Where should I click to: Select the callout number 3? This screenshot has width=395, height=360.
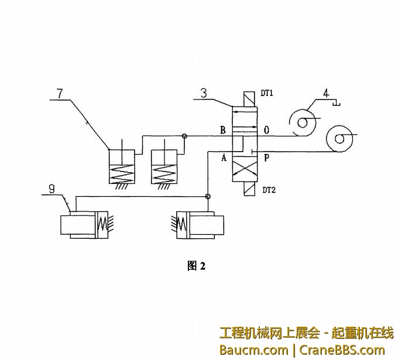click(x=202, y=93)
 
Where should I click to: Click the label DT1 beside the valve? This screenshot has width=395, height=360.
click(x=269, y=93)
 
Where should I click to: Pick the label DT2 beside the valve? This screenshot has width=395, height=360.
click(x=269, y=190)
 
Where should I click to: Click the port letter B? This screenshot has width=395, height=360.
click(x=222, y=130)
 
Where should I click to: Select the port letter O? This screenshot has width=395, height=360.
click(x=266, y=130)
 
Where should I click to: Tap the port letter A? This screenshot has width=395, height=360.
click(x=223, y=157)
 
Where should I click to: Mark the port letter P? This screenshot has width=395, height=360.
click(x=267, y=157)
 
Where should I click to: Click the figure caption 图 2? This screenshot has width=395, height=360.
click(x=196, y=266)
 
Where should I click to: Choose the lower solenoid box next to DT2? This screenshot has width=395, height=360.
click(x=249, y=189)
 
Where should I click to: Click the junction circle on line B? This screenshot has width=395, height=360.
click(x=184, y=136)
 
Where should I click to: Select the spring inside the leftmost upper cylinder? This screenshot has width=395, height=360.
click(x=122, y=170)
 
